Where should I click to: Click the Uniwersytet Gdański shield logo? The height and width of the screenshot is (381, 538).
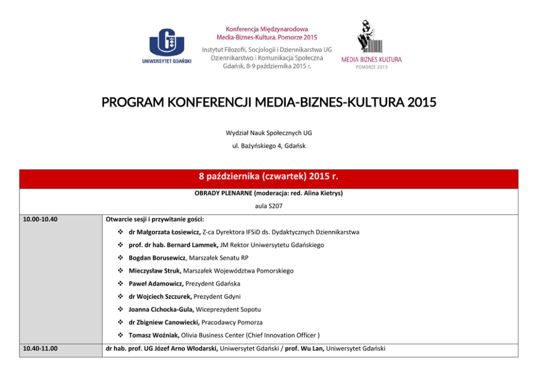[166, 41]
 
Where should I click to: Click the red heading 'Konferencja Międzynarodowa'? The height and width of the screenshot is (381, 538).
[267, 29]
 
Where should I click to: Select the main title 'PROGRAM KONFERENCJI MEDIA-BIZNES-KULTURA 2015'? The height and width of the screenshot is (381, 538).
[269, 103]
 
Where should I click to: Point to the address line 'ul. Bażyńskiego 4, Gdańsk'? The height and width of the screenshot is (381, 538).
[269, 145]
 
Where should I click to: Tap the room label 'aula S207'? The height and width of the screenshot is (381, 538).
[269, 206]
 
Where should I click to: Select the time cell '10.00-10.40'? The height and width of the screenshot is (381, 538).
[41, 219]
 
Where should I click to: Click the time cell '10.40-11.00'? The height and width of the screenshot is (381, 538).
[41, 348]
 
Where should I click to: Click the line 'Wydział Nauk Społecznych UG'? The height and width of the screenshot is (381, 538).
[269, 132]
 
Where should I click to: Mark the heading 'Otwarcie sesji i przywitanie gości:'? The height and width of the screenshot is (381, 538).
[155, 219]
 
